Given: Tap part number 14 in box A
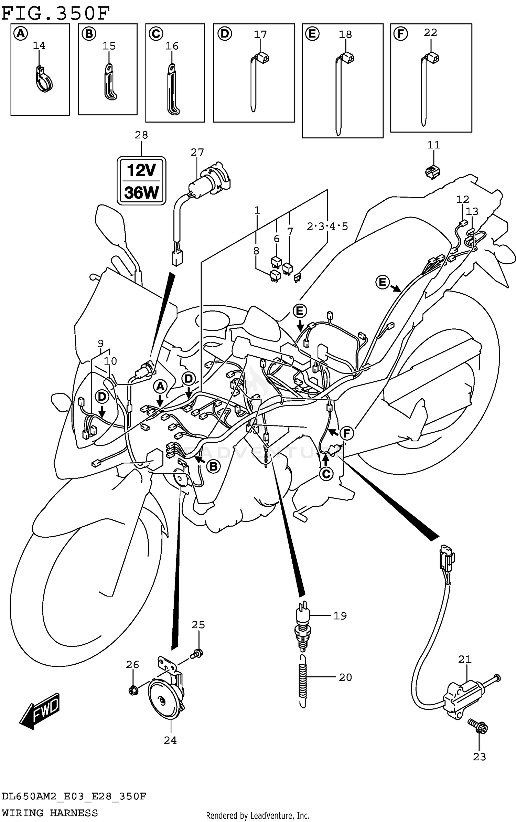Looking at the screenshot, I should pyautogui.click(x=39, y=45).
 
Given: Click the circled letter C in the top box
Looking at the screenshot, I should pyautogui.click(x=156, y=34).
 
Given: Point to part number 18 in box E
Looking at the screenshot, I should pyautogui.click(x=345, y=34).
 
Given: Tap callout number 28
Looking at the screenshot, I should pyautogui.click(x=141, y=135).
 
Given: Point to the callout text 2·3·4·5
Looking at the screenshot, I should pyautogui.click(x=327, y=226).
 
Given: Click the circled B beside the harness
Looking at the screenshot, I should pyautogui.click(x=213, y=466).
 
